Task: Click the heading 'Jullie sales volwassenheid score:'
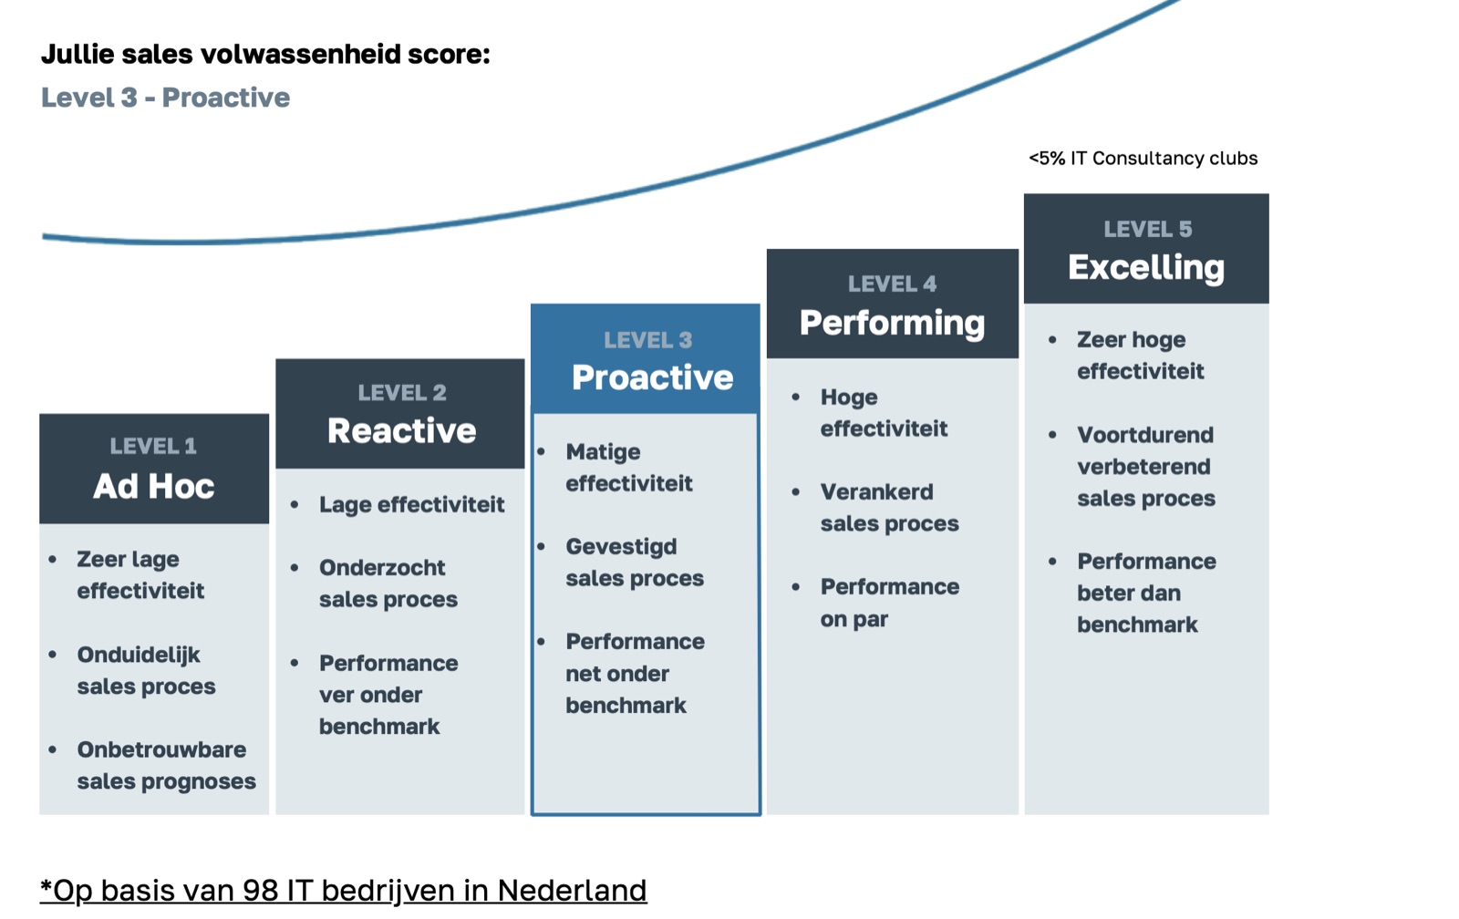pyautogui.click(x=265, y=55)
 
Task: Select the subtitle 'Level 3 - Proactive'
pyautogui.click(x=165, y=98)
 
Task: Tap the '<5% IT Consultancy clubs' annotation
pyautogui.click(x=1143, y=159)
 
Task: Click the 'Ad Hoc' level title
pyautogui.click(x=154, y=486)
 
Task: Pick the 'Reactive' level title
pyautogui.click(x=402, y=430)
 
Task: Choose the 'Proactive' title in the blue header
pyautogui.click(x=653, y=377)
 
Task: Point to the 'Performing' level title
pyautogui.click(x=893, y=324)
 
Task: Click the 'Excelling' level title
pyautogui.click(x=1146, y=268)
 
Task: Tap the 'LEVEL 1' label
pyautogui.click(x=153, y=446)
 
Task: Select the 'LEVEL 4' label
pyautogui.click(x=893, y=284)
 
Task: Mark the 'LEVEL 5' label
pyautogui.click(x=1148, y=229)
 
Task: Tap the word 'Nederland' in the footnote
pyautogui.click(x=572, y=891)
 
